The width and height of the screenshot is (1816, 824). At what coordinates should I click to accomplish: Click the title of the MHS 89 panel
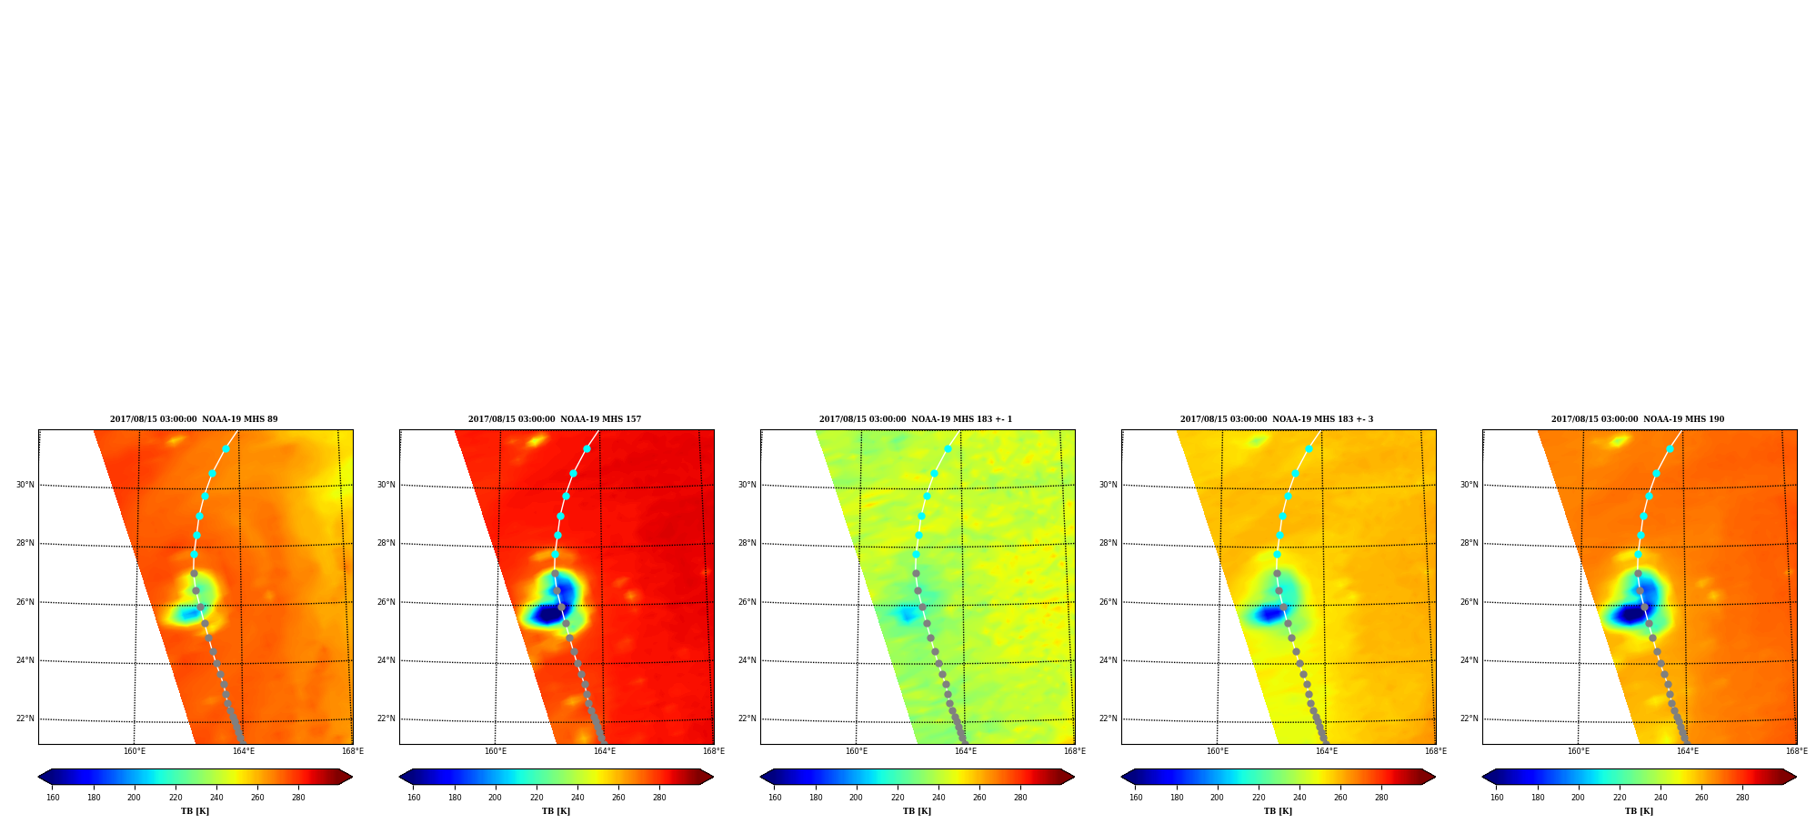194,419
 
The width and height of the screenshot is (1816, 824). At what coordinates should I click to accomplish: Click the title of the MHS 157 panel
555,419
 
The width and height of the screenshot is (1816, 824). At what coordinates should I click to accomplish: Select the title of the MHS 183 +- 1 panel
916,419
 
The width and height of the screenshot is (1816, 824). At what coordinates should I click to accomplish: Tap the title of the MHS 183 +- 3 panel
1277,419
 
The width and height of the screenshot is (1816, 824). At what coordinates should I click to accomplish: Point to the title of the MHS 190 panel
1638,419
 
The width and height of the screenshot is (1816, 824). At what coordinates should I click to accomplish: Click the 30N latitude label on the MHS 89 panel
25,485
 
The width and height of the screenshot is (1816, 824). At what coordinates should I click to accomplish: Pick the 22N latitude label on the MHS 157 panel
386,718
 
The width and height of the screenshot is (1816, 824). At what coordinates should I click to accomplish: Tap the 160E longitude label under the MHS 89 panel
135,751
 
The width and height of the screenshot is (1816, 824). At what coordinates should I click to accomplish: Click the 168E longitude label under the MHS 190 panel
1797,751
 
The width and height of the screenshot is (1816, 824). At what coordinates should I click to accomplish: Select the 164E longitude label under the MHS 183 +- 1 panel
966,751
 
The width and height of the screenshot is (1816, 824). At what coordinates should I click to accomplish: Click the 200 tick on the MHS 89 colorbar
135,798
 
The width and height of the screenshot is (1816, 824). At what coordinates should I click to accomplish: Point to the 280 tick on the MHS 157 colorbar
659,798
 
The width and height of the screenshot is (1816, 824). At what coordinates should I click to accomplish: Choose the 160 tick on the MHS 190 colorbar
1497,798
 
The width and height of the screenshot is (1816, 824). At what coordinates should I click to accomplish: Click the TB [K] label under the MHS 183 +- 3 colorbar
1278,811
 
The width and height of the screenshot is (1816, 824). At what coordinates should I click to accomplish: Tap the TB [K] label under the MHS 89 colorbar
195,811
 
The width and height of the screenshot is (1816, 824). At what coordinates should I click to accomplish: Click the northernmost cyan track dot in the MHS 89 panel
226,448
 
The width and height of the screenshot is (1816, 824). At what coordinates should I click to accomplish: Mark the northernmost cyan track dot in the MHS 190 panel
1670,448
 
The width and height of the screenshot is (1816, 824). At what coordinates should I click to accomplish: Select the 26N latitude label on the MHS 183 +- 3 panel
1109,602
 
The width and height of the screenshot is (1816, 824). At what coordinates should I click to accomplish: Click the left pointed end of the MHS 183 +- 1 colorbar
761,777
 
